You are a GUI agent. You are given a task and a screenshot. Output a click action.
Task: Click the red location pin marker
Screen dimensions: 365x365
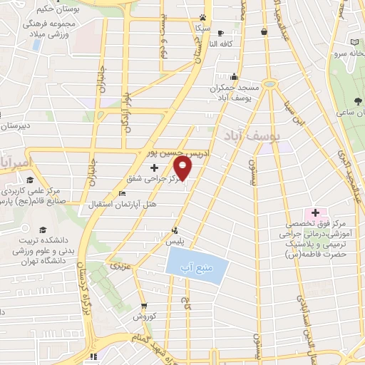(x=184, y=169)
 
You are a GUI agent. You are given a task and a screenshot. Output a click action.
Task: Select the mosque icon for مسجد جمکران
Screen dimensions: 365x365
(x=234, y=77)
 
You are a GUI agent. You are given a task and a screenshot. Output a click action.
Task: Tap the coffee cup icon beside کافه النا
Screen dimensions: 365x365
(x=220, y=33)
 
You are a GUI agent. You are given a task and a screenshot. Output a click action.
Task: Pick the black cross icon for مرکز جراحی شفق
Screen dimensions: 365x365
(x=155, y=167)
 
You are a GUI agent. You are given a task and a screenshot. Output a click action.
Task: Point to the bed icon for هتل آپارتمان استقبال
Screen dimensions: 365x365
(x=121, y=193)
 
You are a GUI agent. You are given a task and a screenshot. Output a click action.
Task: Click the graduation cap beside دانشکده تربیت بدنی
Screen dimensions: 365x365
(x=43, y=230)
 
